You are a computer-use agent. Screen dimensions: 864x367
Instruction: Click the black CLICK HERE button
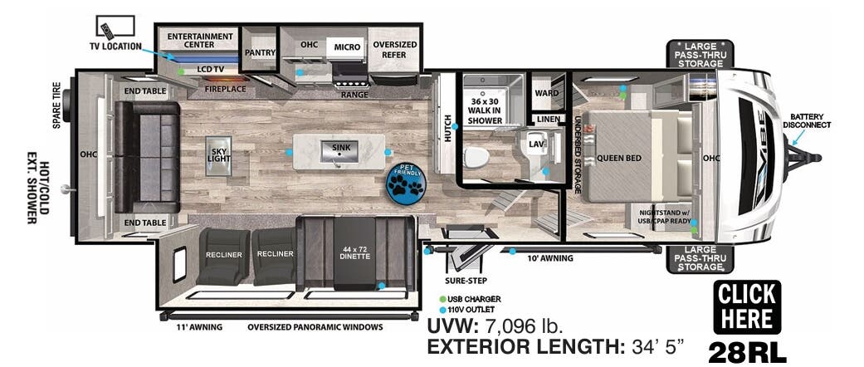click(x=747, y=307)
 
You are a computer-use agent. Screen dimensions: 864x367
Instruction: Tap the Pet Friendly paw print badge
click(x=406, y=183)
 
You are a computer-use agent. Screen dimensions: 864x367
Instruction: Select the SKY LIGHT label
click(x=219, y=154)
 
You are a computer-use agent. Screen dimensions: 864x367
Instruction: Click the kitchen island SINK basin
click(x=339, y=149)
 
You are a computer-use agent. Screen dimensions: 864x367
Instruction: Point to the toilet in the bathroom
click(x=476, y=158)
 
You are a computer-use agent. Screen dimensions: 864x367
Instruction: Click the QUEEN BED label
click(x=619, y=158)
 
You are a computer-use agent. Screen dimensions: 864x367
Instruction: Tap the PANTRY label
click(x=260, y=53)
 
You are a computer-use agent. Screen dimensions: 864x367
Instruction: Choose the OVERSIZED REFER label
click(x=394, y=50)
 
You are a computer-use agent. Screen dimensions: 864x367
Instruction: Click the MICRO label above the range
click(x=347, y=46)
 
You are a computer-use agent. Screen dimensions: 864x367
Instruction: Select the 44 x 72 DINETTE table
click(x=355, y=253)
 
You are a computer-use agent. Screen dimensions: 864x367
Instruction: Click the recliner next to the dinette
click(x=274, y=255)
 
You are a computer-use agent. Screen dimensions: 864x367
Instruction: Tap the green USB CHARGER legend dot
click(x=443, y=299)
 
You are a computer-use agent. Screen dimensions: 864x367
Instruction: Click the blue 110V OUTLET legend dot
click(x=443, y=310)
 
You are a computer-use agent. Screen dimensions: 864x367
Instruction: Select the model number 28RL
click(x=747, y=352)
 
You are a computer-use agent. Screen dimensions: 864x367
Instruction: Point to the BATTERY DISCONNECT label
click(x=807, y=120)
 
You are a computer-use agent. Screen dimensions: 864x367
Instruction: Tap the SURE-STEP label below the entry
click(x=466, y=281)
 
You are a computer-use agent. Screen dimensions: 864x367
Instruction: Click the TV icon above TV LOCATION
click(x=115, y=26)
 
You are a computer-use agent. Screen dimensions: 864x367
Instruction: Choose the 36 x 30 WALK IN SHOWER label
click(x=485, y=110)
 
